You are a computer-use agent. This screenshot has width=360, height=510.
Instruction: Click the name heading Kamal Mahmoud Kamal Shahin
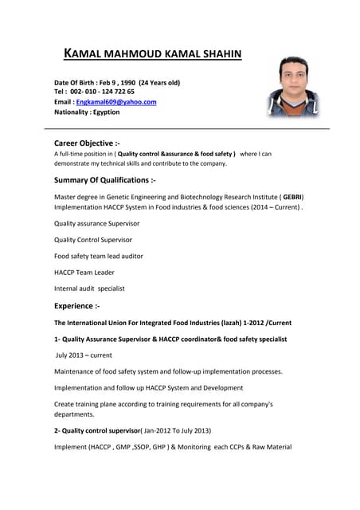(151, 54)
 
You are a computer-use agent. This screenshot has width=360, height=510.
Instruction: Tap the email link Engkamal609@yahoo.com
(116, 102)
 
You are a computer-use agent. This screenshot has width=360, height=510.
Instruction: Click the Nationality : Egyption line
(87, 112)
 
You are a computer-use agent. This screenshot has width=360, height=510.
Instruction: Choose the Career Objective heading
(87, 143)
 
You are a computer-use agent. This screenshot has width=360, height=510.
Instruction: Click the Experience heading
(77, 305)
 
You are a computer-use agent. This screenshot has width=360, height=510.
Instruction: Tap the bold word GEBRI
(292, 196)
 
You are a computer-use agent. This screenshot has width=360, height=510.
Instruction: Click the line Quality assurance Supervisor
(96, 223)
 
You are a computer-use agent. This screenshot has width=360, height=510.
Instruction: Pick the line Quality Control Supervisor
(93, 239)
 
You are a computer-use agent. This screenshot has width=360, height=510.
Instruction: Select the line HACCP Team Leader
(84, 272)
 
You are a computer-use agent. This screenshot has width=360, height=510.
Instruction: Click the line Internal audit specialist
(89, 288)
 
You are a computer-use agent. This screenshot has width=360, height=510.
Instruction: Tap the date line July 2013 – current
(84, 355)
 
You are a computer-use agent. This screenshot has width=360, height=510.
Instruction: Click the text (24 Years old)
(159, 82)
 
